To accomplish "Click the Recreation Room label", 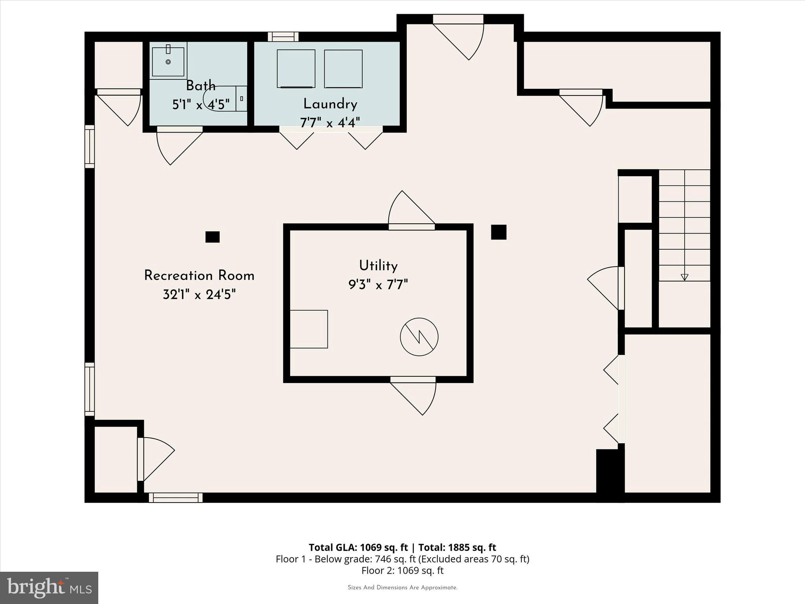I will pyautogui.click(x=199, y=276).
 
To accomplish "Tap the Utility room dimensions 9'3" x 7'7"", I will pyautogui.click(x=378, y=284).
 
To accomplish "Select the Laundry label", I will pyautogui.click(x=330, y=104).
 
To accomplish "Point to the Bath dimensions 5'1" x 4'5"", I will pyautogui.click(x=200, y=105).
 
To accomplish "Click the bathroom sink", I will pyautogui.click(x=168, y=62).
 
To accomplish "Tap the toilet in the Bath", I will pyautogui.click(x=224, y=98).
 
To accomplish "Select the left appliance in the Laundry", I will pyautogui.click(x=296, y=68).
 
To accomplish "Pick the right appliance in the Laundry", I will pyautogui.click(x=343, y=68).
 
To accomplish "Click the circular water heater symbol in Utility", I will pyautogui.click(x=419, y=337).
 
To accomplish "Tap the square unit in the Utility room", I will pyautogui.click(x=309, y=329).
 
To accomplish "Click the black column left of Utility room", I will pyautogui.click(x=212, y=237).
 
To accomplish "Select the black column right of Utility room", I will pyautogui.click(x=498, y=232).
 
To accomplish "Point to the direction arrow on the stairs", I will pyautogui.click(x=684, y=277).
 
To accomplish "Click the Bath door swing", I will pyautogui.click(x=175, y=145).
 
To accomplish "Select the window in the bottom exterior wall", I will pyautogui.click(x=176, y=498).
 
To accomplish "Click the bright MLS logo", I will pyautogui.click(x=49, y=587).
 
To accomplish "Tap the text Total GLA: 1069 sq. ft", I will pyautogui.click(x=358, y=547).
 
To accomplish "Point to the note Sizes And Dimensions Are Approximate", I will pyautogui.click(x=402, y=587).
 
